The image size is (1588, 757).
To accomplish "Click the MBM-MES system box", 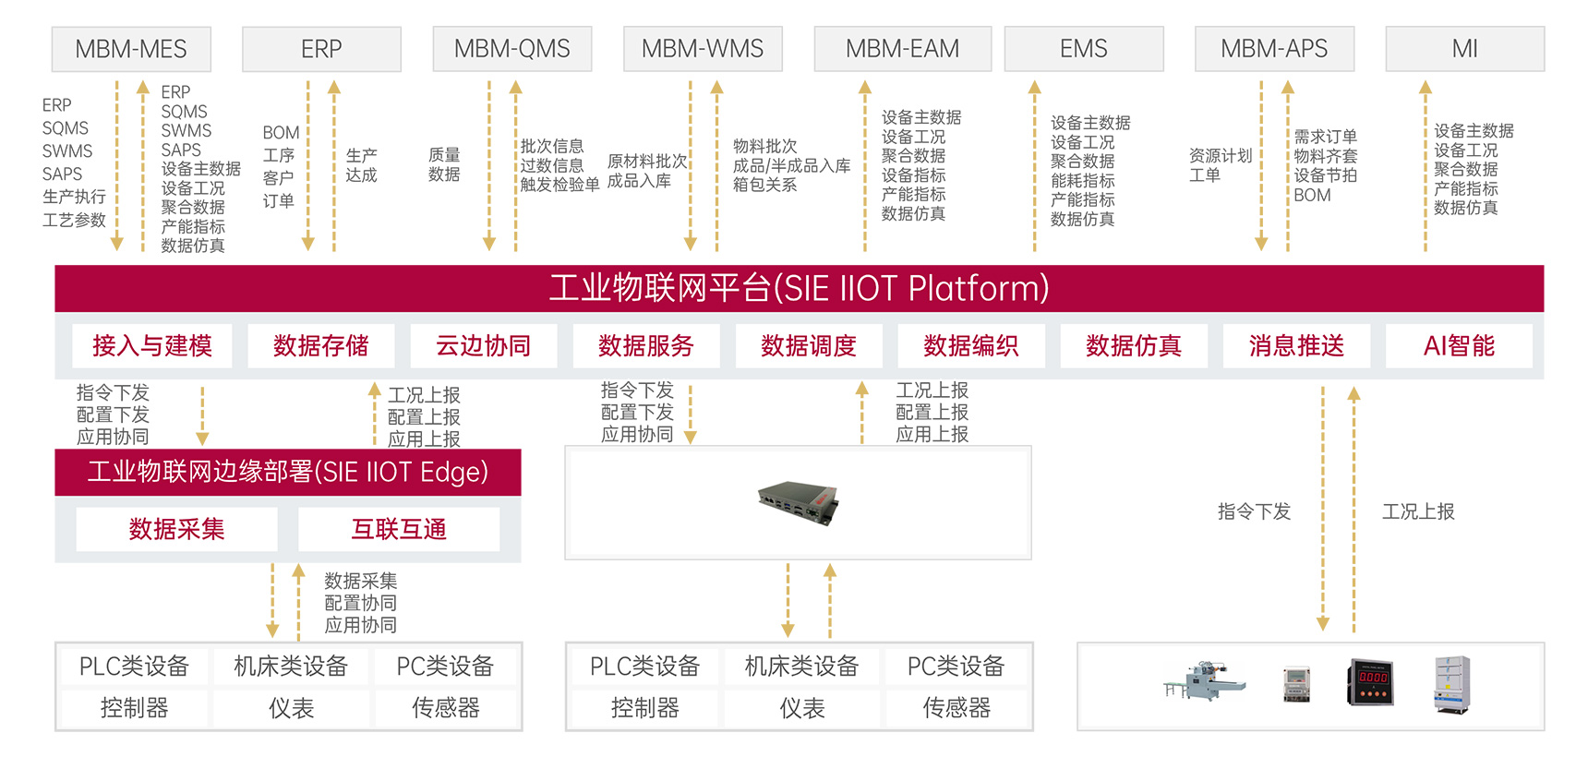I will (x=131, y=49).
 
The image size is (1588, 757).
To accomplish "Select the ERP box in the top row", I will (x=321, y=49).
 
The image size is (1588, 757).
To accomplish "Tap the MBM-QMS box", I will (x=512, y=49).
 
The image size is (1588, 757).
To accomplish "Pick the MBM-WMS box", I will (x=703, y=49).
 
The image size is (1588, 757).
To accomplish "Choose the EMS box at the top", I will (x=1084, y=49).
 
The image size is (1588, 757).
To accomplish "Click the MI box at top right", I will (x=1465, y=49).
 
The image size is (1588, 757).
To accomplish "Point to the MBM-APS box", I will (x=1274, y=49).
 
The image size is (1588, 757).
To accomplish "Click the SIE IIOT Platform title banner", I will (x=800, y=288).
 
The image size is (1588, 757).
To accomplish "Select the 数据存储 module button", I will (x=321, y=346).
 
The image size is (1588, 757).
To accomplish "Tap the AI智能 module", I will (x=1459, y=346).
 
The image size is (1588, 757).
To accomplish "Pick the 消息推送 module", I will (x=1296, y=346).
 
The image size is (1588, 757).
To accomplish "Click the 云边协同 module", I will (x=484, y=346).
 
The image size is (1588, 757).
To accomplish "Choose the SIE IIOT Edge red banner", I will (x=288, y=472).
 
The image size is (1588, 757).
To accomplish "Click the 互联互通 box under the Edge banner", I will (x=399, y=529).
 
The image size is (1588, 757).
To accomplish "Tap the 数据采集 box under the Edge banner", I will (x=177, y=529).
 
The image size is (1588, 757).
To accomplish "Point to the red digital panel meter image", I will (x=1371, y=682).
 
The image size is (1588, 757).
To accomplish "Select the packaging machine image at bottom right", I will (x=1205, y=680).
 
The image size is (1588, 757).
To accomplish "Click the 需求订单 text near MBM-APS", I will (x=1326, y=137).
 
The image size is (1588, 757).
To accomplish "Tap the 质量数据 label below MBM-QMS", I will (x=444, y=164).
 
